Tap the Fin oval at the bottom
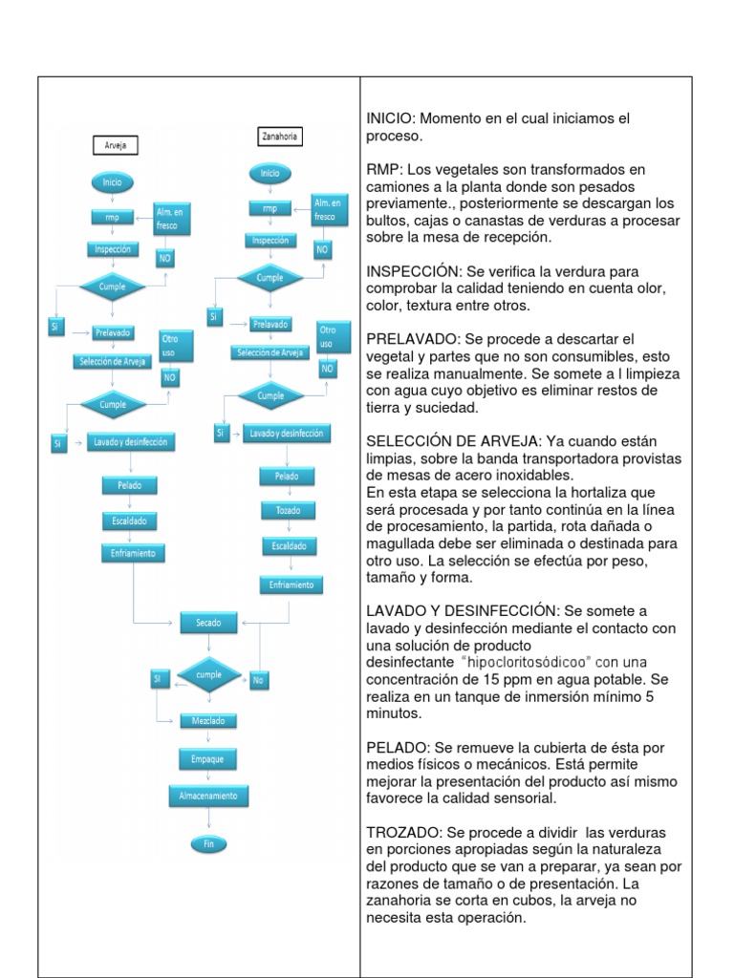[208, 842]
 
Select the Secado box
[209, 623]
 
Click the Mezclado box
[208, 721]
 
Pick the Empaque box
[208, 757]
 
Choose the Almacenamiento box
[208, 795]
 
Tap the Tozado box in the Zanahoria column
[288, 511]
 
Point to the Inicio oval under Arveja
[113, 181]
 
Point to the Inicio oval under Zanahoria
[270, 173]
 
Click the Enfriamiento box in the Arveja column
[134, 553]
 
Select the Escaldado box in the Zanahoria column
[288, 546]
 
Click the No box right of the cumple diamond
[257, 681]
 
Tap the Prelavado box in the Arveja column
[114, 332]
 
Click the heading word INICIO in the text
[390, 118]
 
